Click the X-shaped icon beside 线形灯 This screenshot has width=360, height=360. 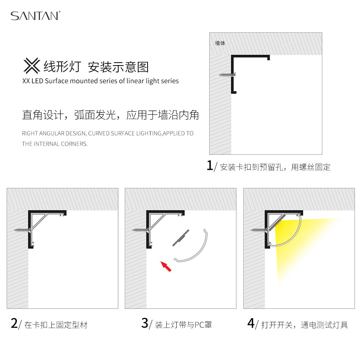[32, 66]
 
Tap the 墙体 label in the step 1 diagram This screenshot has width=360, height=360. [220, 43]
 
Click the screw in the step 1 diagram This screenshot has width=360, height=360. [227, 75]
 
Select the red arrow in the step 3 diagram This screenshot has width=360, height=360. [166, 266]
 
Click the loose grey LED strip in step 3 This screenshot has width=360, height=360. [181, 238]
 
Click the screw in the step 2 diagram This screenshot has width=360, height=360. [22, 230]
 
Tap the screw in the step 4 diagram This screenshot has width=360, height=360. [259, 230]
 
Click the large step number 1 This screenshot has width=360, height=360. [210, 165]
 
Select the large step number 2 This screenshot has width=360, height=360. [14, 323]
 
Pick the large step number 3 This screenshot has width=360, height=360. [145, 323]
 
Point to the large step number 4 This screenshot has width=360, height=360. [251, 323]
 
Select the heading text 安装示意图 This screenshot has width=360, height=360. [118, 67]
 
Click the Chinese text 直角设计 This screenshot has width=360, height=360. [43, 115]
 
